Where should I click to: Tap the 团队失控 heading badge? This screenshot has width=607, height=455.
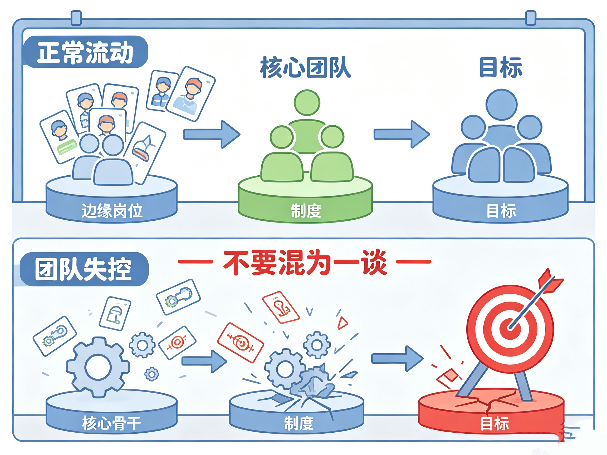pyautogui.click(x=84, y=269)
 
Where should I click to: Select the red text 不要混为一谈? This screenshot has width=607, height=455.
pyautogui.click(x=305, y=262)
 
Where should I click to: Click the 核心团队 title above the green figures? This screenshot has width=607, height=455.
pyautogui.click(x=306, y=67)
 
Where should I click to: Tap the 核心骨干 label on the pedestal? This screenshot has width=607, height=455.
pyautogui.click(x=111, y=423)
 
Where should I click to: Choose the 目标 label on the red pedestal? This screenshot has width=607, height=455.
pyautogui.click(x=495, y=423)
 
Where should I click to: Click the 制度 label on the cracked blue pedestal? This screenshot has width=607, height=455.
pyautogui.click(x=298, y=423)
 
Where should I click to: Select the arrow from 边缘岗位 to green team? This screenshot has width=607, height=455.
pyautogui.click(x=212, y=134)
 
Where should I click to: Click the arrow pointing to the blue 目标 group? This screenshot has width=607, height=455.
pyautogui.click(x=402, y=134)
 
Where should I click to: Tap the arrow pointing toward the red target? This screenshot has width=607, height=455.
pyautogui.click(x=397, y=358)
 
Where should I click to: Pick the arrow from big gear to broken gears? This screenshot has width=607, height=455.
pyautogui.click(x=204, y=361)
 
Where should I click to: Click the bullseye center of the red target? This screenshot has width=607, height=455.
pyautogui.click(x=510, y=328)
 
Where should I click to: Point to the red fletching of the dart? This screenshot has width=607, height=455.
pyautogui.click(x=550, y=282)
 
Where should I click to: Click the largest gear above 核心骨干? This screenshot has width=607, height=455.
pyautogui.click(x=98, y=367)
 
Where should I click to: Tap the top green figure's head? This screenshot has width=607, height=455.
pyautogui.click(x=307, y=103)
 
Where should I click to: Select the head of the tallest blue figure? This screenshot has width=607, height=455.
pyautogui.click(x=501, y=105)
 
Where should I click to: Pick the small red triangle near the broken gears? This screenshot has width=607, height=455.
pyautogui.click(x=342, y=323)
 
